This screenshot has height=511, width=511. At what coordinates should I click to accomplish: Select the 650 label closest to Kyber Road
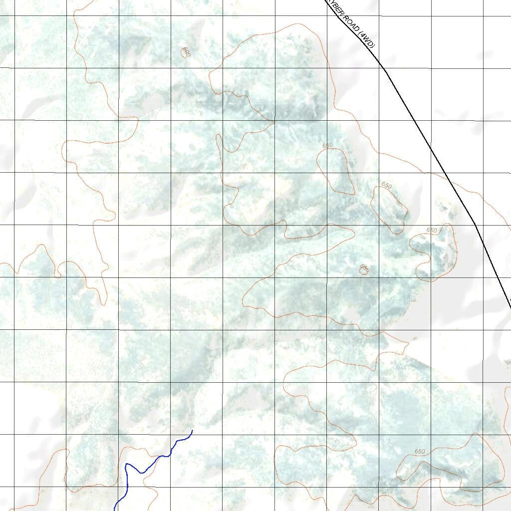(432, 231)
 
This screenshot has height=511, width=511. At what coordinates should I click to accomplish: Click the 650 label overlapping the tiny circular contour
(365, 269)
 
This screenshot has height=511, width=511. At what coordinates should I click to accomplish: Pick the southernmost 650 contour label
(420, 452)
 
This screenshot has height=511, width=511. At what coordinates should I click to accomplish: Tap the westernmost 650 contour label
(327, 146)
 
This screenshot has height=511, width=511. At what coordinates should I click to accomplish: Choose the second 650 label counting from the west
(387, 186)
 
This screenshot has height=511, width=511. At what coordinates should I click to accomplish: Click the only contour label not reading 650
(186, 51)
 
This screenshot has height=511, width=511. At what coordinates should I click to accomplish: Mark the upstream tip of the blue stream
(192, 430)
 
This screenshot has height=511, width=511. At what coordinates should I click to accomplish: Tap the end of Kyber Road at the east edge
(510, 305)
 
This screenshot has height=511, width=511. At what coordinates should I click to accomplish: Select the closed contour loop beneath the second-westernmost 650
(389, 209)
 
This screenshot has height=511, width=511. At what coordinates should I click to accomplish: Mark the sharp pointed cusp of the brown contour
(274, 120)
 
